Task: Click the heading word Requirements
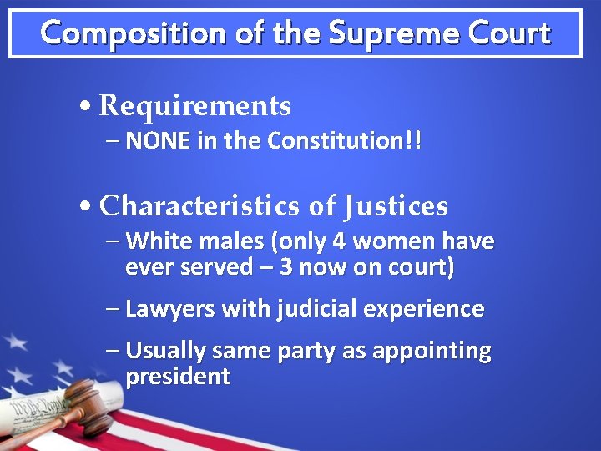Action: pos(194,106)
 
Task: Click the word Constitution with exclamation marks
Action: pos(344,141)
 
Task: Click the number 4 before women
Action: pos(339,242)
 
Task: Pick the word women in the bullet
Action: pos(396,242)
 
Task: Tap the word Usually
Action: pos(166,351)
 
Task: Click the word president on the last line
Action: pos(177,377)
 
